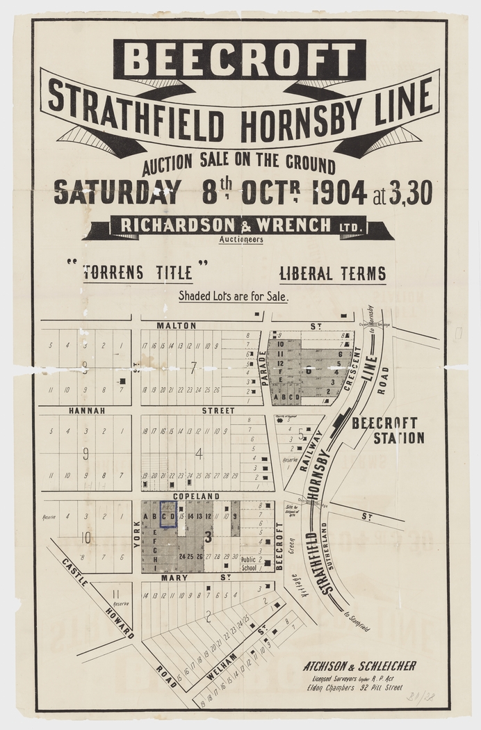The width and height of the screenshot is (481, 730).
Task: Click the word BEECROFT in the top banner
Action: (240, 59)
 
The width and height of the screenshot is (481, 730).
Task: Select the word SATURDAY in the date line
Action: (117, 193)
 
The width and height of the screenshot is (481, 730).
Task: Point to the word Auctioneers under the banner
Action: (241, 239)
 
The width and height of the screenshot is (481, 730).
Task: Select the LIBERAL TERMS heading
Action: (332, 274)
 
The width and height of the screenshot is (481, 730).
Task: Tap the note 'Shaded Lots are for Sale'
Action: (234, 295)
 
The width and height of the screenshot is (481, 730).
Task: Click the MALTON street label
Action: (176, 325)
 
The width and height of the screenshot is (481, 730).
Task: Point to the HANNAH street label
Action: (86, 411)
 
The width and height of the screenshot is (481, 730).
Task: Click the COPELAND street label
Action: (198, 496)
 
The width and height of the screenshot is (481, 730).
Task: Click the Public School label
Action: (248, 563)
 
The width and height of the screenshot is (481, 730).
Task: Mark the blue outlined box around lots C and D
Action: (168, 515)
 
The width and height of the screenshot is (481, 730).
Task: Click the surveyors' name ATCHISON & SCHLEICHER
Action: (359, 666)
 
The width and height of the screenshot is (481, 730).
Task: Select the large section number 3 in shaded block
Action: (207, 536)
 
